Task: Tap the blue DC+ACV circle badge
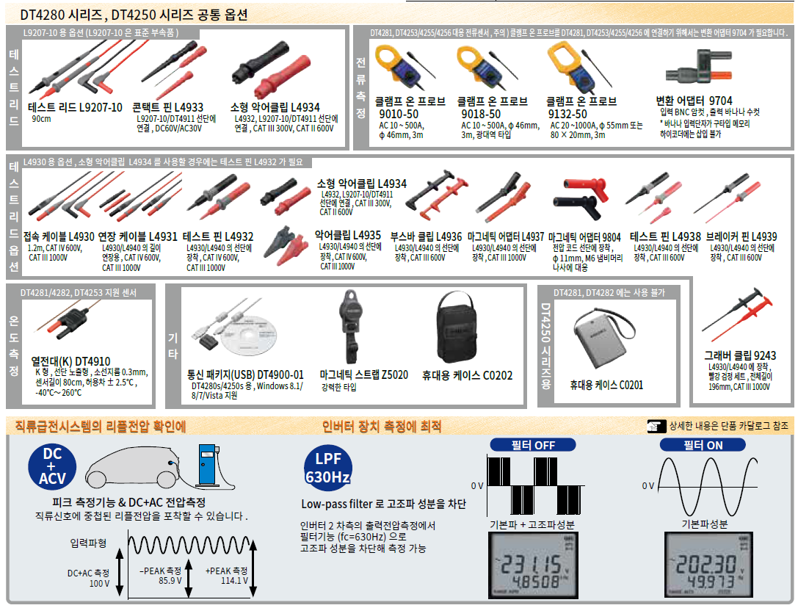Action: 52,466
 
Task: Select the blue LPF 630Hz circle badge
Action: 327,466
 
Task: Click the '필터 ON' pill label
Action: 703,445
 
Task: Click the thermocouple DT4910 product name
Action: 70,361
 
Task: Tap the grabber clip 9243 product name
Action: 739,356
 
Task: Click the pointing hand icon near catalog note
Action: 656,426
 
